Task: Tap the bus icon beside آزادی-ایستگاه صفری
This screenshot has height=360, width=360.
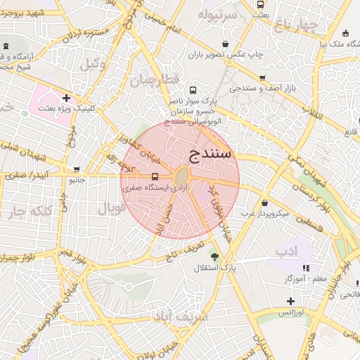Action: pos(155,177)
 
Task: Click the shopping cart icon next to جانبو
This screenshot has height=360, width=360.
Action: pos(77,169)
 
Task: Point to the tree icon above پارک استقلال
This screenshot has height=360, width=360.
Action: pos(214,257)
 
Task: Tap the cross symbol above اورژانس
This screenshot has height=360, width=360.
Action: pos(290,301)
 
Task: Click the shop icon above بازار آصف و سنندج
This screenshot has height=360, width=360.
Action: pos(262,78)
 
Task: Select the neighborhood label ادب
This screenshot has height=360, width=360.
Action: pos(287,250)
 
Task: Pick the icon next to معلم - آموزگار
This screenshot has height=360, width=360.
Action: pos(306,268)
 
